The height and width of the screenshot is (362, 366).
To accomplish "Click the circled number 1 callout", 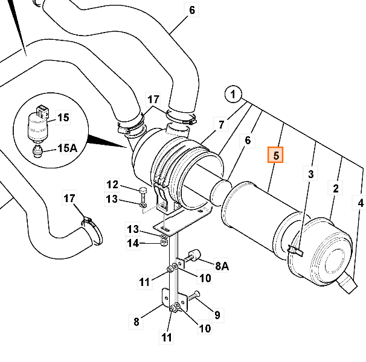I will tap(233, 95).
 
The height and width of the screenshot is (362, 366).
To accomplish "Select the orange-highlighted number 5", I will tap(275, 156).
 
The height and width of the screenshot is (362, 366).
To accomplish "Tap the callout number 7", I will tap(222, 125).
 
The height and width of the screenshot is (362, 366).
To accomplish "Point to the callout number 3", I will tap(311, 175).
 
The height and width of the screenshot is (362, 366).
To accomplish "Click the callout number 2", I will tap(335, 189).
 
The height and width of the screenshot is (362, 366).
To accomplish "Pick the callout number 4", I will tap(360, 204).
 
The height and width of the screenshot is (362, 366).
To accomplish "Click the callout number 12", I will tap(113, 185).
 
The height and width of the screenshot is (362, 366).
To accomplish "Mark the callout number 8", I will tap(136, 322).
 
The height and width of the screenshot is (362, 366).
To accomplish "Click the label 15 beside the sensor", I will tap(64, 118).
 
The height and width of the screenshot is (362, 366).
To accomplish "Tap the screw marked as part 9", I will tap(194, 296).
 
